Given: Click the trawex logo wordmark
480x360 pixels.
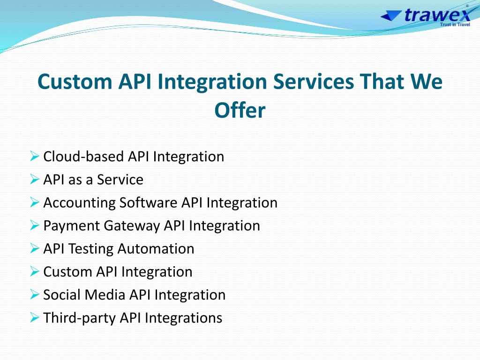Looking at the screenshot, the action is coord(437,15).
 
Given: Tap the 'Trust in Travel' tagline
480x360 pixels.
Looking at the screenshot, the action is coord(455,24).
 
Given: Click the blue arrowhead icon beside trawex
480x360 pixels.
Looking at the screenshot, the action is coord(391,15).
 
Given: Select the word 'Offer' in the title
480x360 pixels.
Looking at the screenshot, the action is coord(240,110).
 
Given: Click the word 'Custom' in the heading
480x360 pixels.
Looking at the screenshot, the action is coord(75,82).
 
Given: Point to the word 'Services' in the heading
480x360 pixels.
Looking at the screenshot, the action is coord(314,82).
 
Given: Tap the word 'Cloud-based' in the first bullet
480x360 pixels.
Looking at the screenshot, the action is coord(83,157).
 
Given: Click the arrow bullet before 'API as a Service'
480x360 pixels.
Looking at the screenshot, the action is coord(35,179).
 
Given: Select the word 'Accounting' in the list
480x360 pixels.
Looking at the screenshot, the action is coord(79,203).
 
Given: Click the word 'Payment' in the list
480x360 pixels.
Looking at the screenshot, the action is coord(71,226).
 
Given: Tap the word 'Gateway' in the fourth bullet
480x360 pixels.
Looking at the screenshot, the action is coord(132,226).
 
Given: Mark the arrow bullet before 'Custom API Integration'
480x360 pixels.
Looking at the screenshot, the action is coord(35,271).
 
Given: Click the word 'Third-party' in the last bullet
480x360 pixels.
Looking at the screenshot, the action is coord(79,318).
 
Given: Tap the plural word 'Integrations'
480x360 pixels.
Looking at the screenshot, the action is coord(183,318).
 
